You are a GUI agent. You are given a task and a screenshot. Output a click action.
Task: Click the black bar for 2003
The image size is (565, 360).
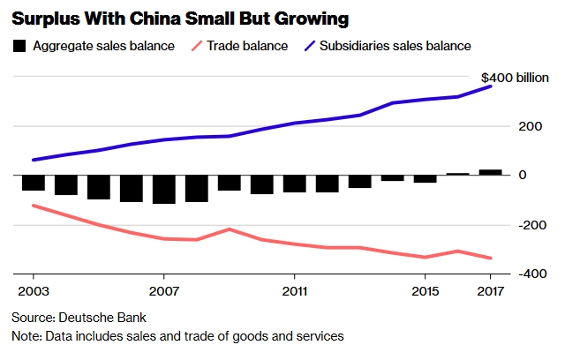click(x=34, y=183)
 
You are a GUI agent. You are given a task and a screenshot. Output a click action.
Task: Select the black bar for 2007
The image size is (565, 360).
click(x=164, y=189)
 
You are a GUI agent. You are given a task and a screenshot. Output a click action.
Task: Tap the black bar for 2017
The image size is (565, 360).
click(x=490, y=172)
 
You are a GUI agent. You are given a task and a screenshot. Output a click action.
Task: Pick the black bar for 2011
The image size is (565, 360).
click(x=294, y=184)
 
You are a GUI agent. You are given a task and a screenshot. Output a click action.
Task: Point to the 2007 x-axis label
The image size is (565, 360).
click(x=164, y=290)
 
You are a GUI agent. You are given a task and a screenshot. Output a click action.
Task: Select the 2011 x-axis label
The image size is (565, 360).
click(x=294, y=290)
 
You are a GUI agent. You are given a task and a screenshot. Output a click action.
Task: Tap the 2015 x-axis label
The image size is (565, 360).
click(x=425, y=290)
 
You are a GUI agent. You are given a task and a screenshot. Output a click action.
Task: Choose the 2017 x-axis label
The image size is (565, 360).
click(x=490, y=290)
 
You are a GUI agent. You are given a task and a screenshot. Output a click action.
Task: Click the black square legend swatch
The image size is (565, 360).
click(x=19, y=45)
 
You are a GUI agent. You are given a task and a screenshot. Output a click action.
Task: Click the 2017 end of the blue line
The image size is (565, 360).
click(x=491, y=86)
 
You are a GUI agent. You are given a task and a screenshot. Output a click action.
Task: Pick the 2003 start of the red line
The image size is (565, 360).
click(x=34, y=206)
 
